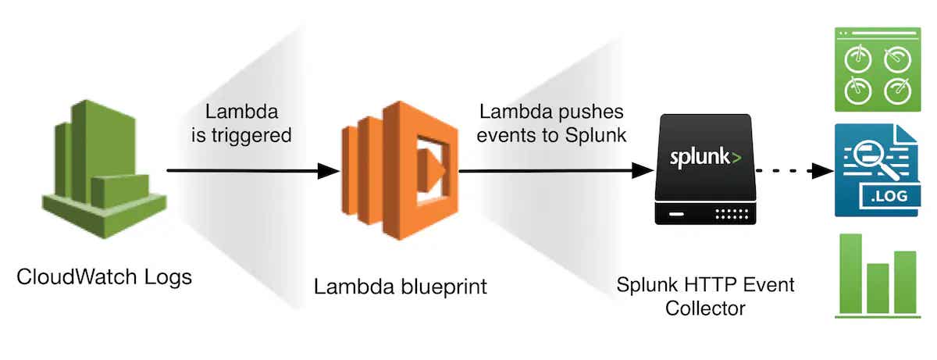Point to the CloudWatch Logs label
[x=104, y=277]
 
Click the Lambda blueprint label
[x=400, y=287]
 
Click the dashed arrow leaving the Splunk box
[x=789, y=171]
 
